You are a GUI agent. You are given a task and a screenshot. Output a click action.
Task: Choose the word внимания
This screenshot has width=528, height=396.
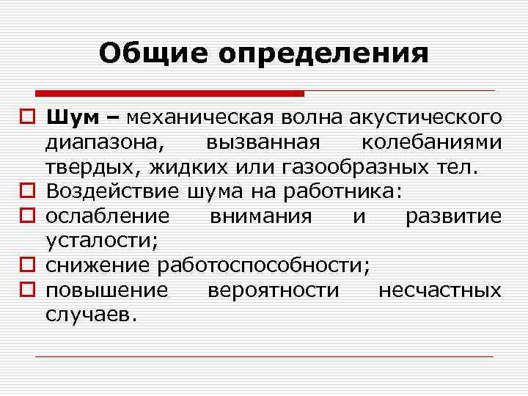point(260,216)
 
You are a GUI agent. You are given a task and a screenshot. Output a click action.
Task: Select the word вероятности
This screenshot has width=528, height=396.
point(273,290)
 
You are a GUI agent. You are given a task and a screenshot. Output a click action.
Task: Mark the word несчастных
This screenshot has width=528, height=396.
point(439,290)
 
